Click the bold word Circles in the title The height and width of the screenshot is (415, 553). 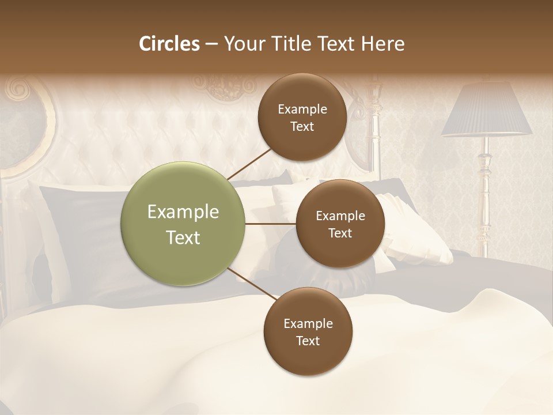pyautogui.click(x=169, y=44)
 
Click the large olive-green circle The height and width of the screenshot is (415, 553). pyautogui.click(x=183, y=224)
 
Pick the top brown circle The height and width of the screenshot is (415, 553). pyautogui.click(x=302, y=118)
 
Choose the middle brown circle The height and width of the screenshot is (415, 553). pyautogui.click(x=340, y=224)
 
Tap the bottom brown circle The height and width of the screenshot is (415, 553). pyautogui.click(x=308, y=332)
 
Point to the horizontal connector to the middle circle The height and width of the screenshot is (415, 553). pyautogui.click(x=270, y=224)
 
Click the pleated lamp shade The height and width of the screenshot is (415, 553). pyautogui.click(x=487, y=110)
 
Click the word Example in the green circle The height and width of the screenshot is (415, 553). pyautogui.click(x=183, y=212)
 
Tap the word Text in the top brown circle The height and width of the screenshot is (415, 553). pyautogui.click(x=302, y=127)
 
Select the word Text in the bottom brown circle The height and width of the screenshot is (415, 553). pyautogui.click(x=308, y=341)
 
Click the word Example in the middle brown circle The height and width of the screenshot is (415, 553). pyautogui.click(x=340, y=216)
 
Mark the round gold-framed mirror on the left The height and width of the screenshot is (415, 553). pyautogui.click(x=26, y=130)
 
